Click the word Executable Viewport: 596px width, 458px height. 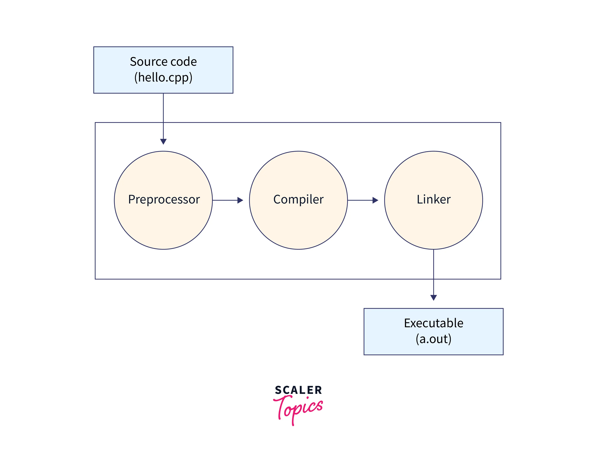click(433, 323)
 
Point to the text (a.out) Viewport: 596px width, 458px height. click(433, 339)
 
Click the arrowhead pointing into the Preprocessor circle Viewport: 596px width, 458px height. click(163, 141)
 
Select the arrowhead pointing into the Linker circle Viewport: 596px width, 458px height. click(375, 200)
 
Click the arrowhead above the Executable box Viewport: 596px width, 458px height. click(433, 297)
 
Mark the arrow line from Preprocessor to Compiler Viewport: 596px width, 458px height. click(225, 200)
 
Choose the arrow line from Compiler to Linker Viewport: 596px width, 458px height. click(360, 200)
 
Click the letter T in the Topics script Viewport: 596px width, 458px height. click(281, 406)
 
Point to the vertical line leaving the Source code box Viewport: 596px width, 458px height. click(163, 114)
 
